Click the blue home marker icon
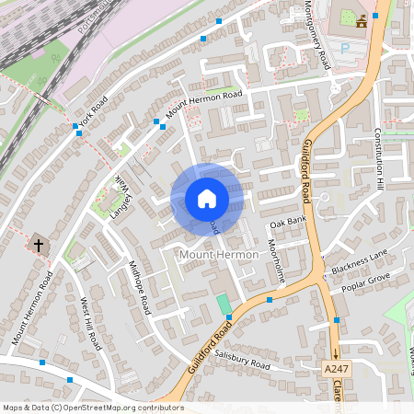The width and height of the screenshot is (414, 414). click(206, 199)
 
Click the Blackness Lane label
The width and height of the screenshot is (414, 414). click(361, 262)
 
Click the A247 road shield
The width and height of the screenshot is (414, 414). click(338, 369)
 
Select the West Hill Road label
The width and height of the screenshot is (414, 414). click(89, 323)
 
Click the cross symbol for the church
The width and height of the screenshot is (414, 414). click(39, 246)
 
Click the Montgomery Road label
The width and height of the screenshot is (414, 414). click(316, 36)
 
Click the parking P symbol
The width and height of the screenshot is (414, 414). click(346, 47)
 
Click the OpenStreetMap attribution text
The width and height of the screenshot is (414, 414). click(93, 408)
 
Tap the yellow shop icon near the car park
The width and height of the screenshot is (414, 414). click(362, 20)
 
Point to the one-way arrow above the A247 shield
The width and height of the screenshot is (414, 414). click(337, 351)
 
